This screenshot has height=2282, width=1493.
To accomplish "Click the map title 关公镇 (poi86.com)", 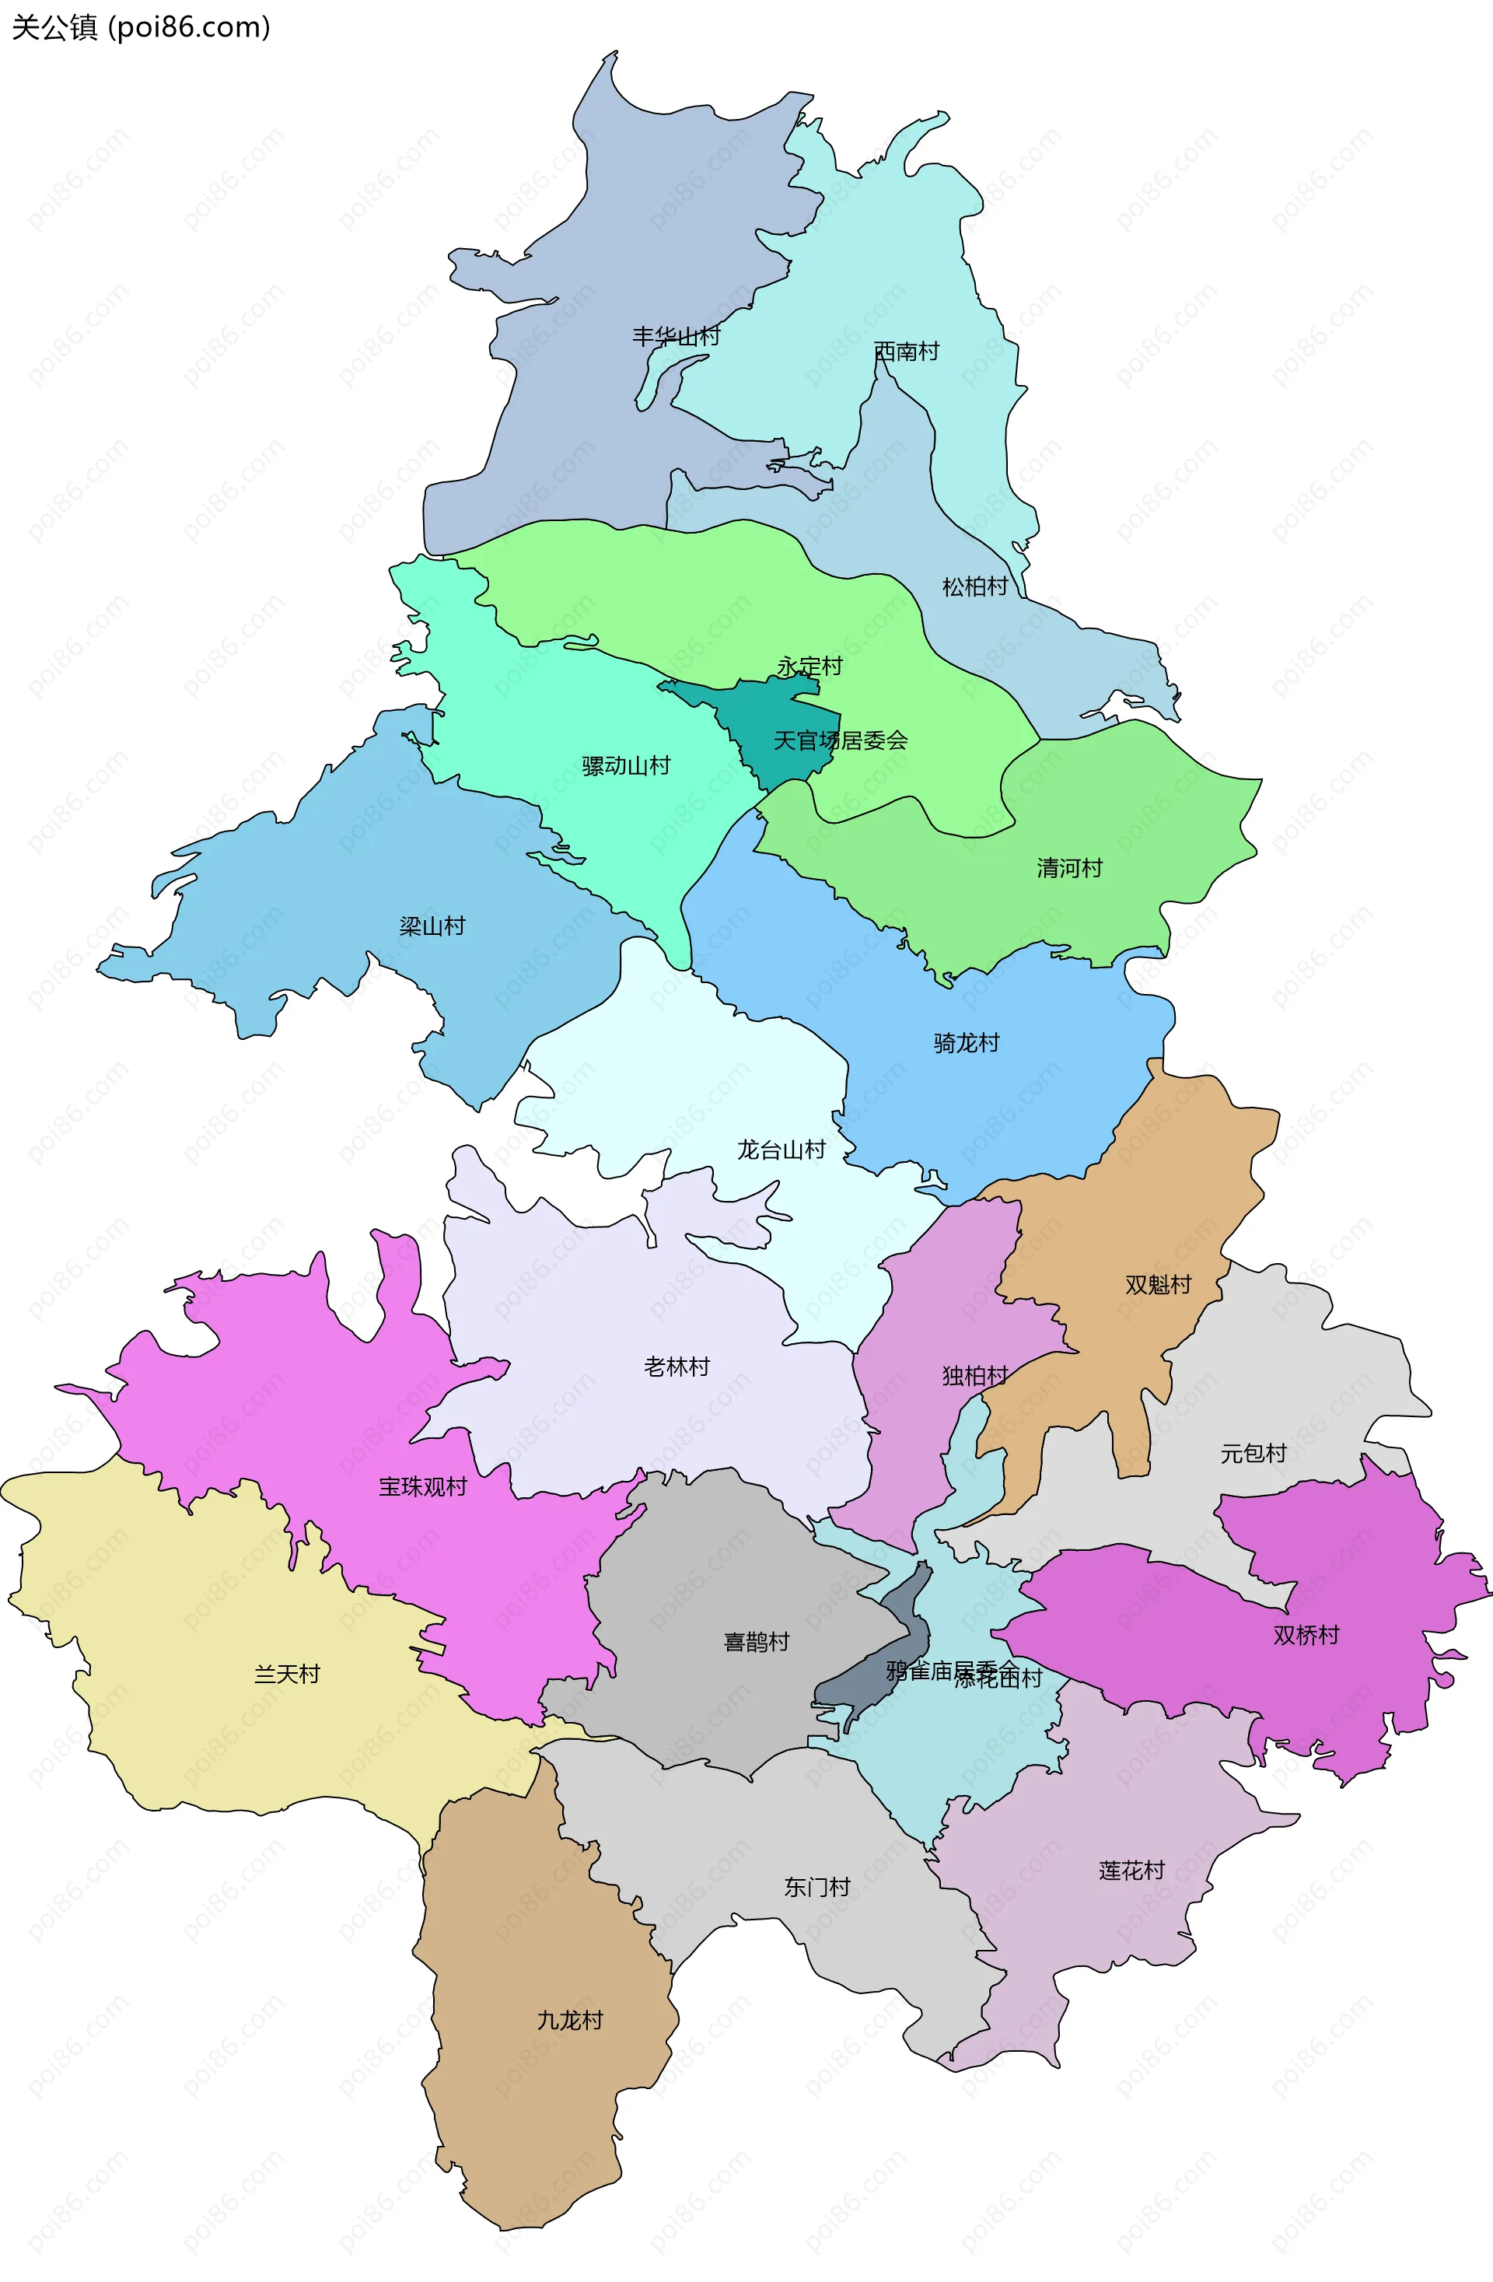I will (141, 27).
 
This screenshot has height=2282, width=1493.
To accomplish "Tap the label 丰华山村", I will (675, 337).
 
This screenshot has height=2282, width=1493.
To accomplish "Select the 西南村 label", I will (906, 352).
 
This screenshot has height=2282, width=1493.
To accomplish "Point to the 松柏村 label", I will (974, 586).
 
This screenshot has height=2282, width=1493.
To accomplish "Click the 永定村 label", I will (809, 667).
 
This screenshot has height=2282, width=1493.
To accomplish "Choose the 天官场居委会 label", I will (840, 740).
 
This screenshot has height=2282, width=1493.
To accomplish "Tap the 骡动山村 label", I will (625, 766).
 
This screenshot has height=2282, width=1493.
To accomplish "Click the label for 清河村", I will (1069, 869).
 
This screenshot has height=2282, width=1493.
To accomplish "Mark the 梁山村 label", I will (432, 926).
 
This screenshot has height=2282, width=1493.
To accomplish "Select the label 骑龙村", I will (967, 1043).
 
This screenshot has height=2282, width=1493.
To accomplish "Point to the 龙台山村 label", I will (781, 1150).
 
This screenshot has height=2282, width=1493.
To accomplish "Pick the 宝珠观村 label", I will (422, 1487).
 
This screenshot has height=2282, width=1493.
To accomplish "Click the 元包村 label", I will (1252, 1454).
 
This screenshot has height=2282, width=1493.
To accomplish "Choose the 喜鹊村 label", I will (756, 1643).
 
